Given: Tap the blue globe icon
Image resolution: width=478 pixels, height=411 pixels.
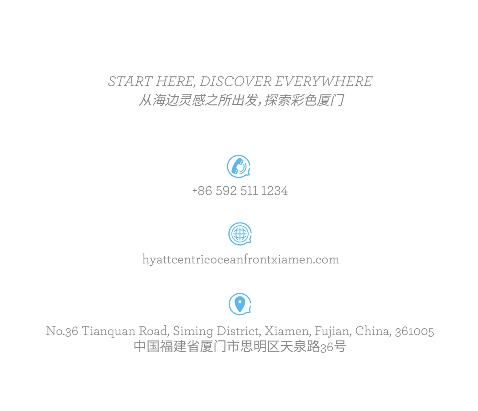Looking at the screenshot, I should click(x=239, y=234).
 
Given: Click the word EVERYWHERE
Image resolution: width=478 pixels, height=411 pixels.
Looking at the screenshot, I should click(x=324, y=82).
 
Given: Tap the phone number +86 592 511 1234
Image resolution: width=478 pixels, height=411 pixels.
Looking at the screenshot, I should click(x=240, y=191).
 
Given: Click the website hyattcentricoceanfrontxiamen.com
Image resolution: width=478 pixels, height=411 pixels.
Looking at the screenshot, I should click(x=241, y=259).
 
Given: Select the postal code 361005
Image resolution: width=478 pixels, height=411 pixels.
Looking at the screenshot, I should click(x=414, y=331).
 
